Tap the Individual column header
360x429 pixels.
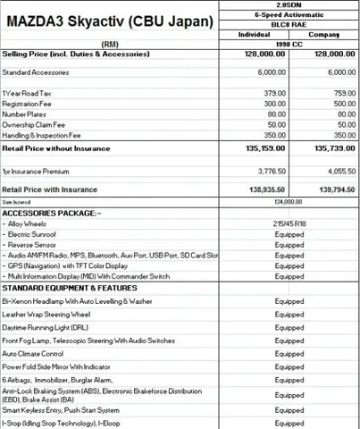coord(254,34)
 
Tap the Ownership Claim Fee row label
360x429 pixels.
coord(35,125)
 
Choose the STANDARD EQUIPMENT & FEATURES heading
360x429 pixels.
coord(69,288)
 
